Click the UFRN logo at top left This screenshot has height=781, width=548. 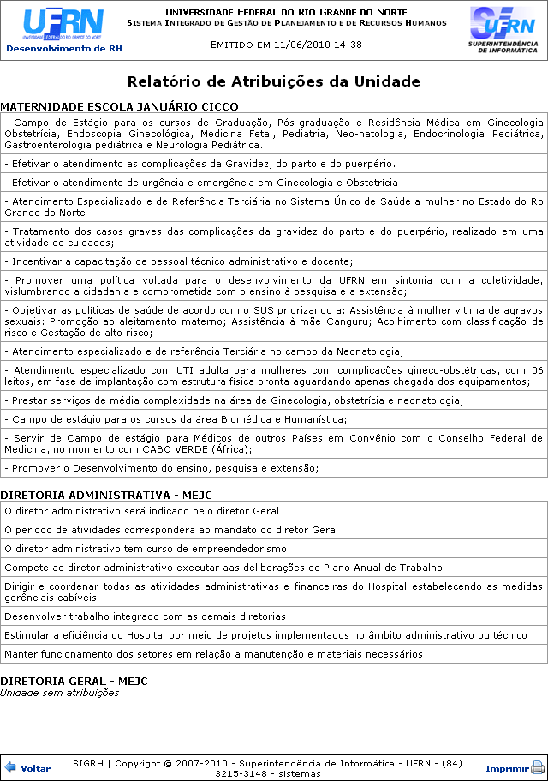[x=63, y=25]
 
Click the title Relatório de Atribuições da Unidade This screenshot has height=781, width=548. [x=273, y=82]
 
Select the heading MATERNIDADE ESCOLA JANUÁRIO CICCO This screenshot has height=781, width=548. [x=118, y=107]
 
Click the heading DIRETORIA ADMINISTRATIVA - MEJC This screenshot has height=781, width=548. [x=105, y=496]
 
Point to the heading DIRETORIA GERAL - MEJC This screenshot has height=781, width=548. [x=74, y=681]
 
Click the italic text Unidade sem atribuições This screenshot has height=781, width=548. [x=59, y=693]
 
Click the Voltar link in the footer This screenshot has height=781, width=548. [x=35, y=768]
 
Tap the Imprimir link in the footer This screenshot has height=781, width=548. [x=507, y=768]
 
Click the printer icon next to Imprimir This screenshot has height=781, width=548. [x=538, y=768]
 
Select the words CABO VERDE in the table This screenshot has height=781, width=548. [x=214, y=449]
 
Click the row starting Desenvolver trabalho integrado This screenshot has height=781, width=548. [x=145, y=616]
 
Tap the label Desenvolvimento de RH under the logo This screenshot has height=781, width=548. [x=63, y=49]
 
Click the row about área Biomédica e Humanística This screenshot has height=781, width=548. [x=176, y=419]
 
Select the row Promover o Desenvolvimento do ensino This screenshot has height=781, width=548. [x=161, y=468]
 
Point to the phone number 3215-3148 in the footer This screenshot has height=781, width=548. [x=240, y=773]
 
